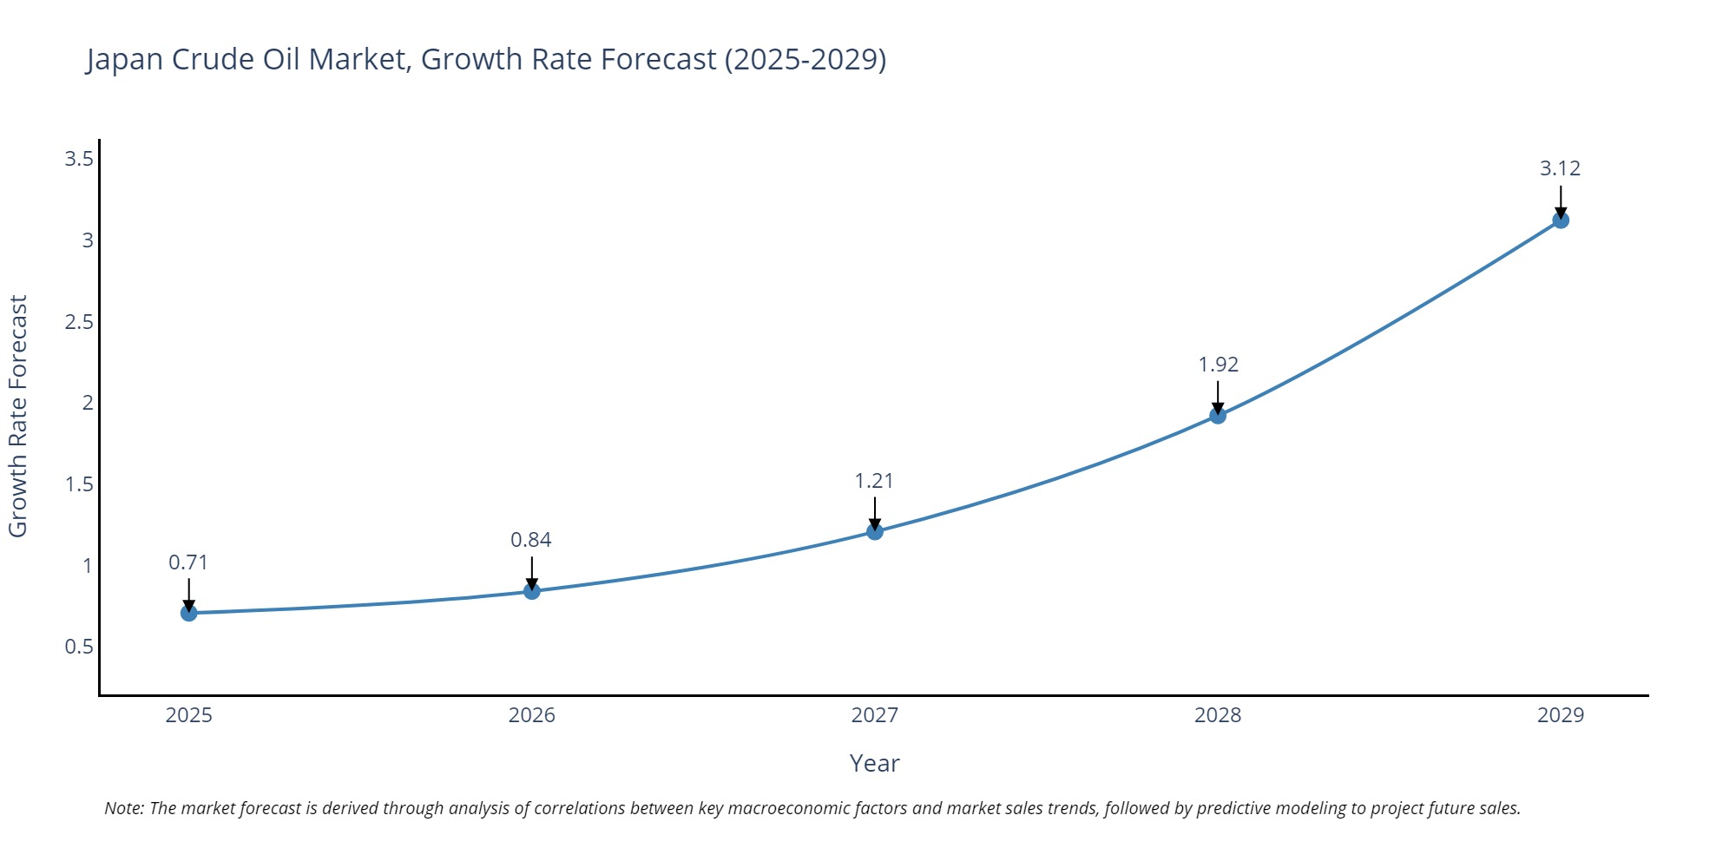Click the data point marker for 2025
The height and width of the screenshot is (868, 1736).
click(x=189, y=613)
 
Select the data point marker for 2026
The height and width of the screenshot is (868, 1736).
click(x=532, y=591)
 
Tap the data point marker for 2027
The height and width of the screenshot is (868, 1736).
click(x=875, y=531)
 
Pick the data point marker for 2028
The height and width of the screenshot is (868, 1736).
click(x=1218, y=416)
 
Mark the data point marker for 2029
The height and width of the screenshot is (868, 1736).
click(x=1561, y=220)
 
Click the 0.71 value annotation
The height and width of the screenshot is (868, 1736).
click(x=188, y=562)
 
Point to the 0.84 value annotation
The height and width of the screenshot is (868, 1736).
click(x=531, y=540)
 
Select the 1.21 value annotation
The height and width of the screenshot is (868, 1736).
click(x=874, y=481)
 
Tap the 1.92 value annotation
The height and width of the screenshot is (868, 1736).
click(x=1218, y=365)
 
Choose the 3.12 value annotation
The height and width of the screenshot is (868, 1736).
click(x=1560, y=168)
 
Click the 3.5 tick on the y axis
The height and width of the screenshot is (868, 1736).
click(x=79, y=159)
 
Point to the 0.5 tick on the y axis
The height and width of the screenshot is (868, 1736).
click(x=79, y=647)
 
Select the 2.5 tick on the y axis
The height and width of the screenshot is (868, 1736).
click(x=79, y=322)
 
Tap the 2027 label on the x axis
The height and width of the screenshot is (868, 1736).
click(x=875, y=715)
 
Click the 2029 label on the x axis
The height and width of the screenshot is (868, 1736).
click(x=1561, y=715)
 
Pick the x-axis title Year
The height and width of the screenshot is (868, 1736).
click(x=874, y=763)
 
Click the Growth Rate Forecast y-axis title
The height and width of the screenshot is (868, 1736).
click(x=18, y=417)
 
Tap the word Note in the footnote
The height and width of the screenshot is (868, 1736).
click(x=123, y=808)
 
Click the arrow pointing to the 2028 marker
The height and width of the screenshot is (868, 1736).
click(x=1218, y=398)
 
